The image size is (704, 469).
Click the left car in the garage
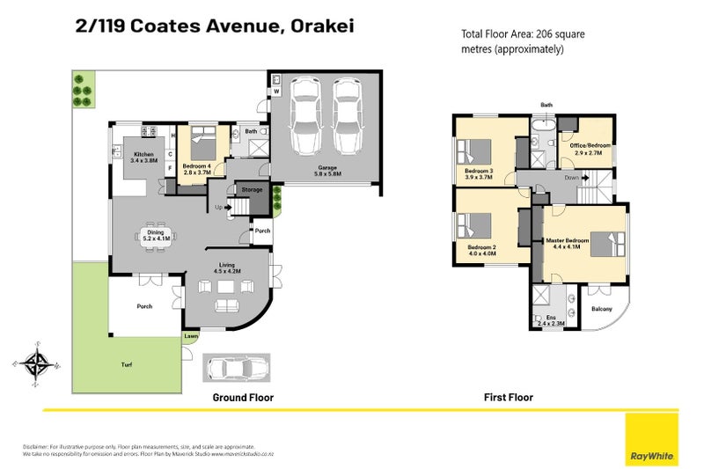pos(302,112)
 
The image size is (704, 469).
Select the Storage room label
pos(253,189)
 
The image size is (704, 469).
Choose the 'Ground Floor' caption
pos(243,398)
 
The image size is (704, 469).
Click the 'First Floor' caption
pos(508,398)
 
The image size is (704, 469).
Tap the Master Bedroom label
pos(567,241)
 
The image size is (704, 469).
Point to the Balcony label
pos(603,308)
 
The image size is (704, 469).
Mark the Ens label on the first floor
pos(551,319)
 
